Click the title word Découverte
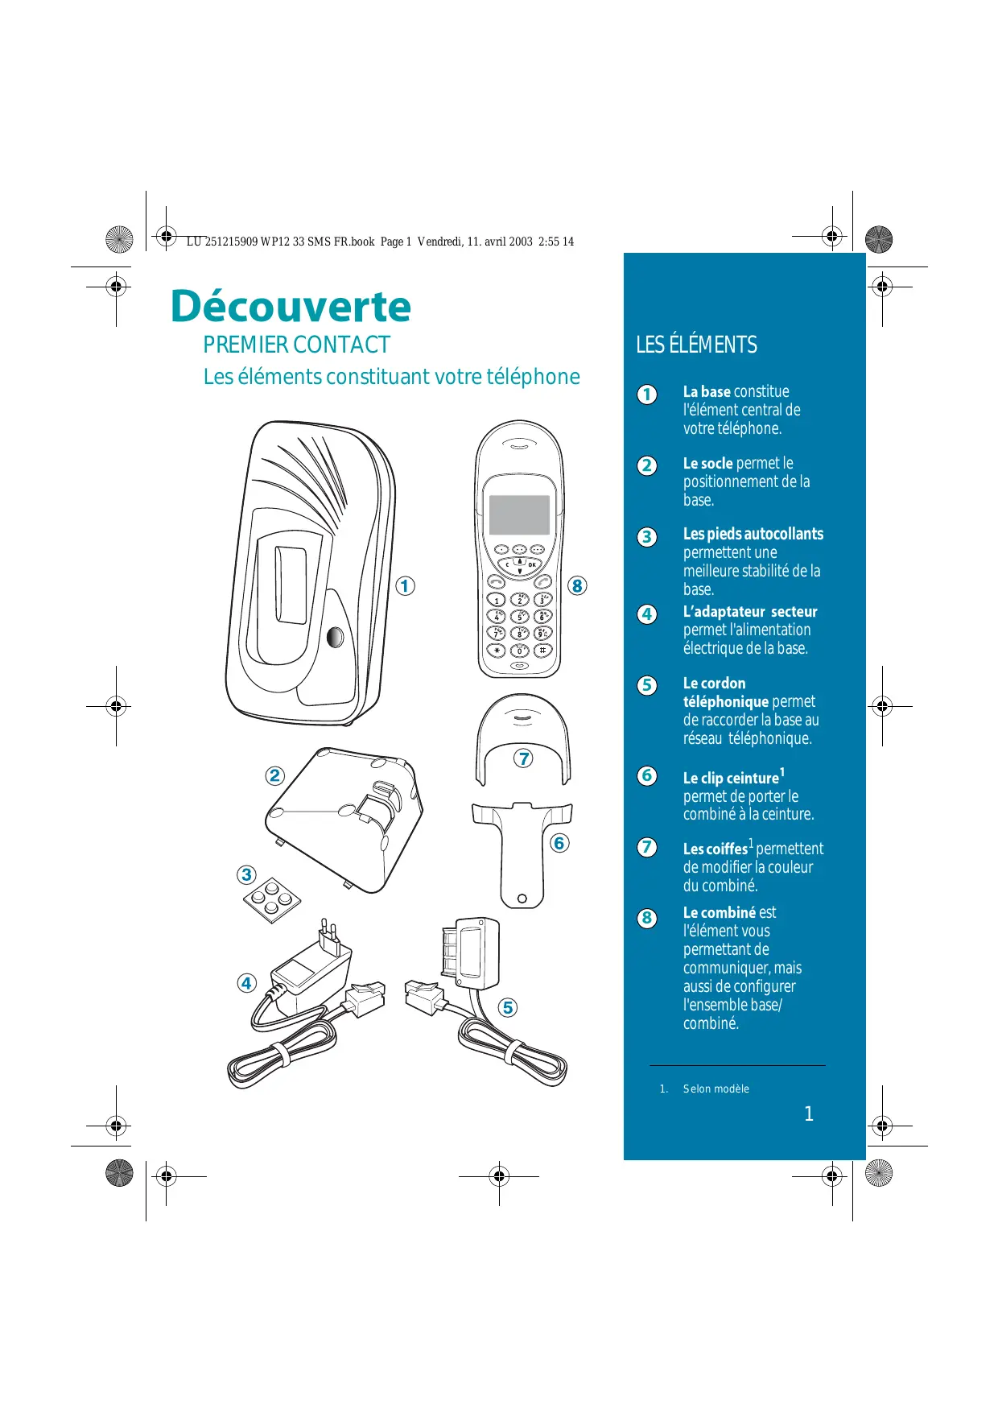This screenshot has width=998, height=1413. pos(291,307)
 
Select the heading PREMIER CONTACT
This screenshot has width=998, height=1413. pos(296,345)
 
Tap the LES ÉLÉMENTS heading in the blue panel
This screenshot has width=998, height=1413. pos(696,345)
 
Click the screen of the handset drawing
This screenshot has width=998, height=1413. pos(520,514)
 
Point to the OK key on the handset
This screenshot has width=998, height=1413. pos(532,565)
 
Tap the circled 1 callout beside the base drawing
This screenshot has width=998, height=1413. pos(406,586)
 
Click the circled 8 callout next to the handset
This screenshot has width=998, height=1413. pos(577,586)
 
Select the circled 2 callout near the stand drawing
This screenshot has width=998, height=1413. pos(275,775)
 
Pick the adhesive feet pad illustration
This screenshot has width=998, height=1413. pos(272,899)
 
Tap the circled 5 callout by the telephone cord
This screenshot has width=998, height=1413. pos(507,1008)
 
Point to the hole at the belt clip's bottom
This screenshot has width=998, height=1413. pos(522,899)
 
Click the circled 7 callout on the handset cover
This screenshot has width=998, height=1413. pos(524,758)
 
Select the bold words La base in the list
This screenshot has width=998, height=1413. pos(707,392)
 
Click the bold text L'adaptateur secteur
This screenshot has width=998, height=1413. pos(750,612)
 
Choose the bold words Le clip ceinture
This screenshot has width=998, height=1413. pos(731,779)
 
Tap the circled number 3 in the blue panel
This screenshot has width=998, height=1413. pos(647,537)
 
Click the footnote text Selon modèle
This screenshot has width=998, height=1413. pos(716,1089)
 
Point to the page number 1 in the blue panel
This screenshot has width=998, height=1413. pos(809,1113)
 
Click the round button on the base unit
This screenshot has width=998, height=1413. pos(335,637)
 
